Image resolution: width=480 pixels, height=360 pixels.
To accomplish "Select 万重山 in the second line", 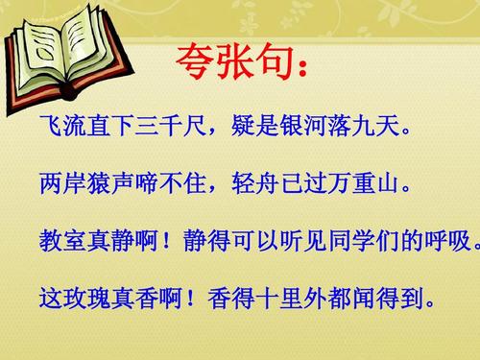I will [x=362, y=181].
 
